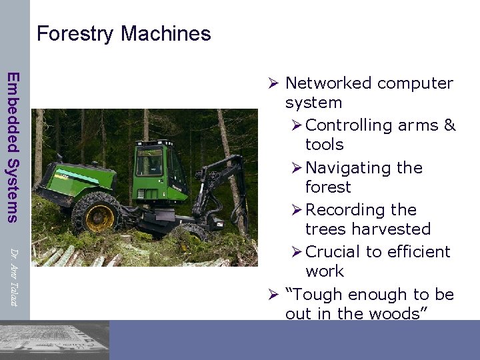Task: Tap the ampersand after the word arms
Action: [x=449, y=125]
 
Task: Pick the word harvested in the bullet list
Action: [x=388, y=229]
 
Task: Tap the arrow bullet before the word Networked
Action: [x=273, y=84]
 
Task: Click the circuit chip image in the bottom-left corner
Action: [x=53, y=340]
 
